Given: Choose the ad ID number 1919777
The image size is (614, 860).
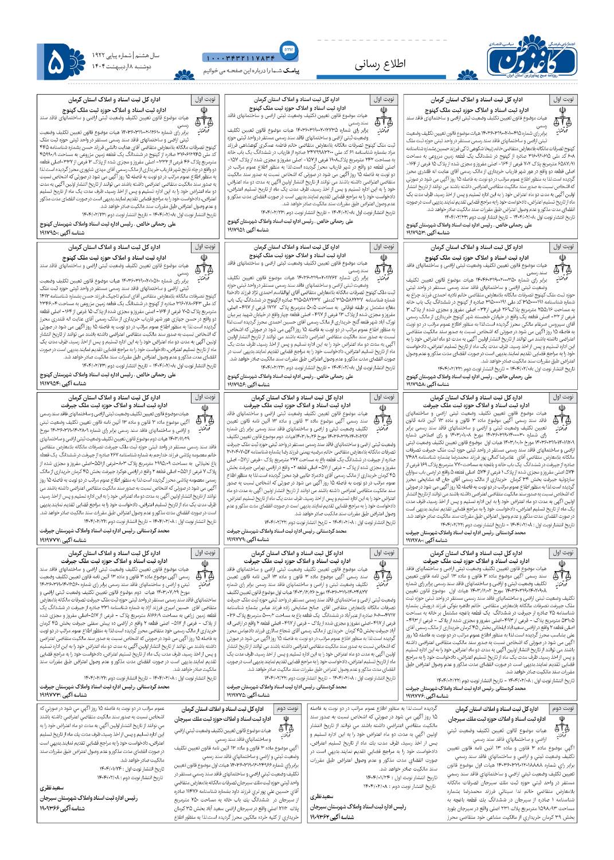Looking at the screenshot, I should (55, 540).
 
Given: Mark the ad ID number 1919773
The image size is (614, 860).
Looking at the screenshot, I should (55, 694).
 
